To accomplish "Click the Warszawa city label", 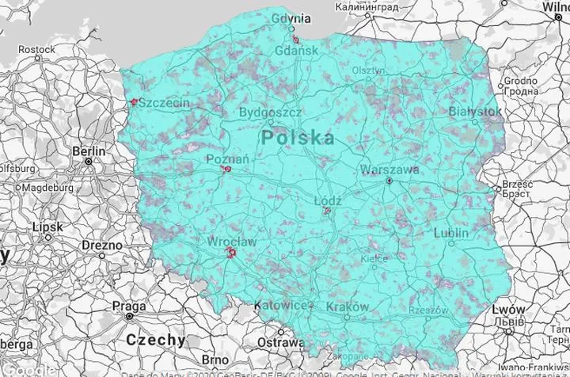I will pyautogui.click(x=389, y=169).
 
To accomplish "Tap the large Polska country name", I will pyautogui.click(x=298, y=138).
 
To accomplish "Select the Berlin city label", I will pyautogui.click(x=89, y=150).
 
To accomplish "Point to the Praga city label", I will pyautogui.click(x=128, y=305).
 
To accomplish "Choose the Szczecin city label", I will pyautogui.click(x=164, y=104).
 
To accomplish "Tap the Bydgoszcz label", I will pyautogui.click(x=270, y=113).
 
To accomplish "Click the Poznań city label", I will pyautogui.click(x=227, y=159).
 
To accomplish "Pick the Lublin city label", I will pyautogui.click(x=450, y=233).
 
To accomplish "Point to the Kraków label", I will pyautogui.click(x=347, y=307).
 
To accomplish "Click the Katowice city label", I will pyautogui.click(x=280, y=305).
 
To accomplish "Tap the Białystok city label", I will pyautogui.click(x=474, y=112).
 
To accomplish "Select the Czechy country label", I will pyautogui.click(x=156, y=340).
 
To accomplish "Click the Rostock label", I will pyautogui.click(x=37, y=49).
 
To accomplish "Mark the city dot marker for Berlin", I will pyautogui.click(x=89, y=162).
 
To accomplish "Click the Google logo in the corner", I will pyautogui.click(x=28, y=370).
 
